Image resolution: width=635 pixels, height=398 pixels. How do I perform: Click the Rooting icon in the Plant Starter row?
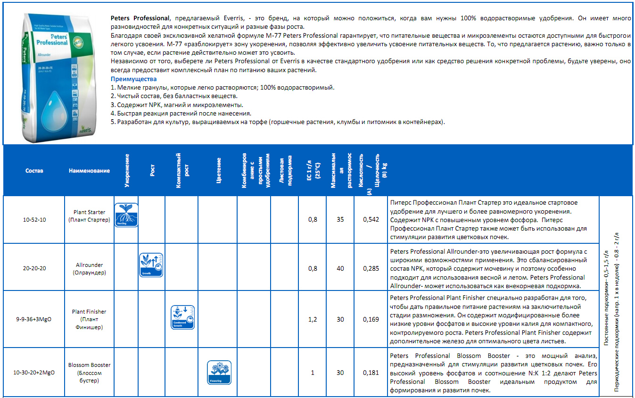coord(126,215)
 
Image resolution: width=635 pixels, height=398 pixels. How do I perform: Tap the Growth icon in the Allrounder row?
coord(151,265)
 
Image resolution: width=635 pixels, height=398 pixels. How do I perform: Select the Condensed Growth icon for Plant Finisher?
coord(182,316)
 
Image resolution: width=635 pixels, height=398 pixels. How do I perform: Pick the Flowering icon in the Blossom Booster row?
coord(219,372)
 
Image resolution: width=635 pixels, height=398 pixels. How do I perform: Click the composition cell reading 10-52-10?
coord(34,219)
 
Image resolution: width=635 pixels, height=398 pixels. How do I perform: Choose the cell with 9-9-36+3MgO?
coord(34,319)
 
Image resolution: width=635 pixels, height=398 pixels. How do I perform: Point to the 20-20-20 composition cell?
coord(34,268)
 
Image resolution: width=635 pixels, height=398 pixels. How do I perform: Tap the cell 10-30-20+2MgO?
coord(34,373)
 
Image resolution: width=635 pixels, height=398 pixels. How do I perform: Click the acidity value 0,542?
coord(371,219)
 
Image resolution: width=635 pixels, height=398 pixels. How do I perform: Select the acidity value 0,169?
coord(371,319)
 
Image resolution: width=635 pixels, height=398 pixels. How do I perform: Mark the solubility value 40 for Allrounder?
coord(340,268)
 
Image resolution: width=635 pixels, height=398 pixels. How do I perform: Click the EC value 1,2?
coord(312,319)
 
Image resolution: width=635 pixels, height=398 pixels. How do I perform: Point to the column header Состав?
coord(34,171)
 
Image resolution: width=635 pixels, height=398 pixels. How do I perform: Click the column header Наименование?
coord(89,171)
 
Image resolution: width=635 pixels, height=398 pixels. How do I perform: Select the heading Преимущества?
coord(133,79)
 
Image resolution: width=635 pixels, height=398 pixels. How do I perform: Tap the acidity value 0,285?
coord(371,268)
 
